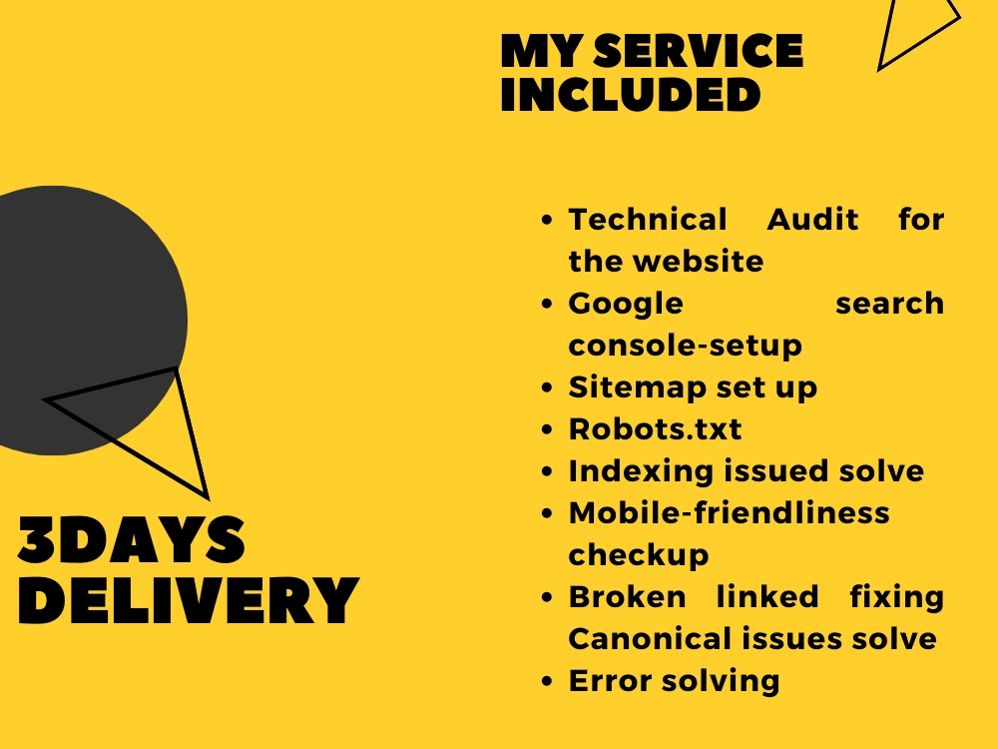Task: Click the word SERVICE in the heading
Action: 699,51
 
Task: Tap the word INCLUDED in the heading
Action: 631,95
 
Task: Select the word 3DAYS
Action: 131,539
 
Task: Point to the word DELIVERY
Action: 189,600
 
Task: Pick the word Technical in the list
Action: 648,220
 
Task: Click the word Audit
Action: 812,220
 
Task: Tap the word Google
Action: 626,305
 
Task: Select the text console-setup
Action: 685,346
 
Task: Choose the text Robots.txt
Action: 655,429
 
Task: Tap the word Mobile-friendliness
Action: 729,512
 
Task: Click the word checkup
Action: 639,555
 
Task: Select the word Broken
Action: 628,597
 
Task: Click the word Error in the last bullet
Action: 610,681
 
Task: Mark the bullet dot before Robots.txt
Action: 547,429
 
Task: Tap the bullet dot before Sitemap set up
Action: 547,387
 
